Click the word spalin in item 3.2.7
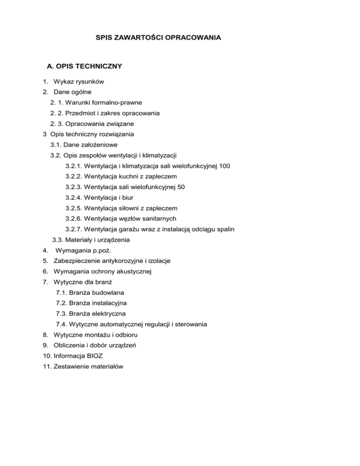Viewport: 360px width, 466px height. (x=225, y=229)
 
